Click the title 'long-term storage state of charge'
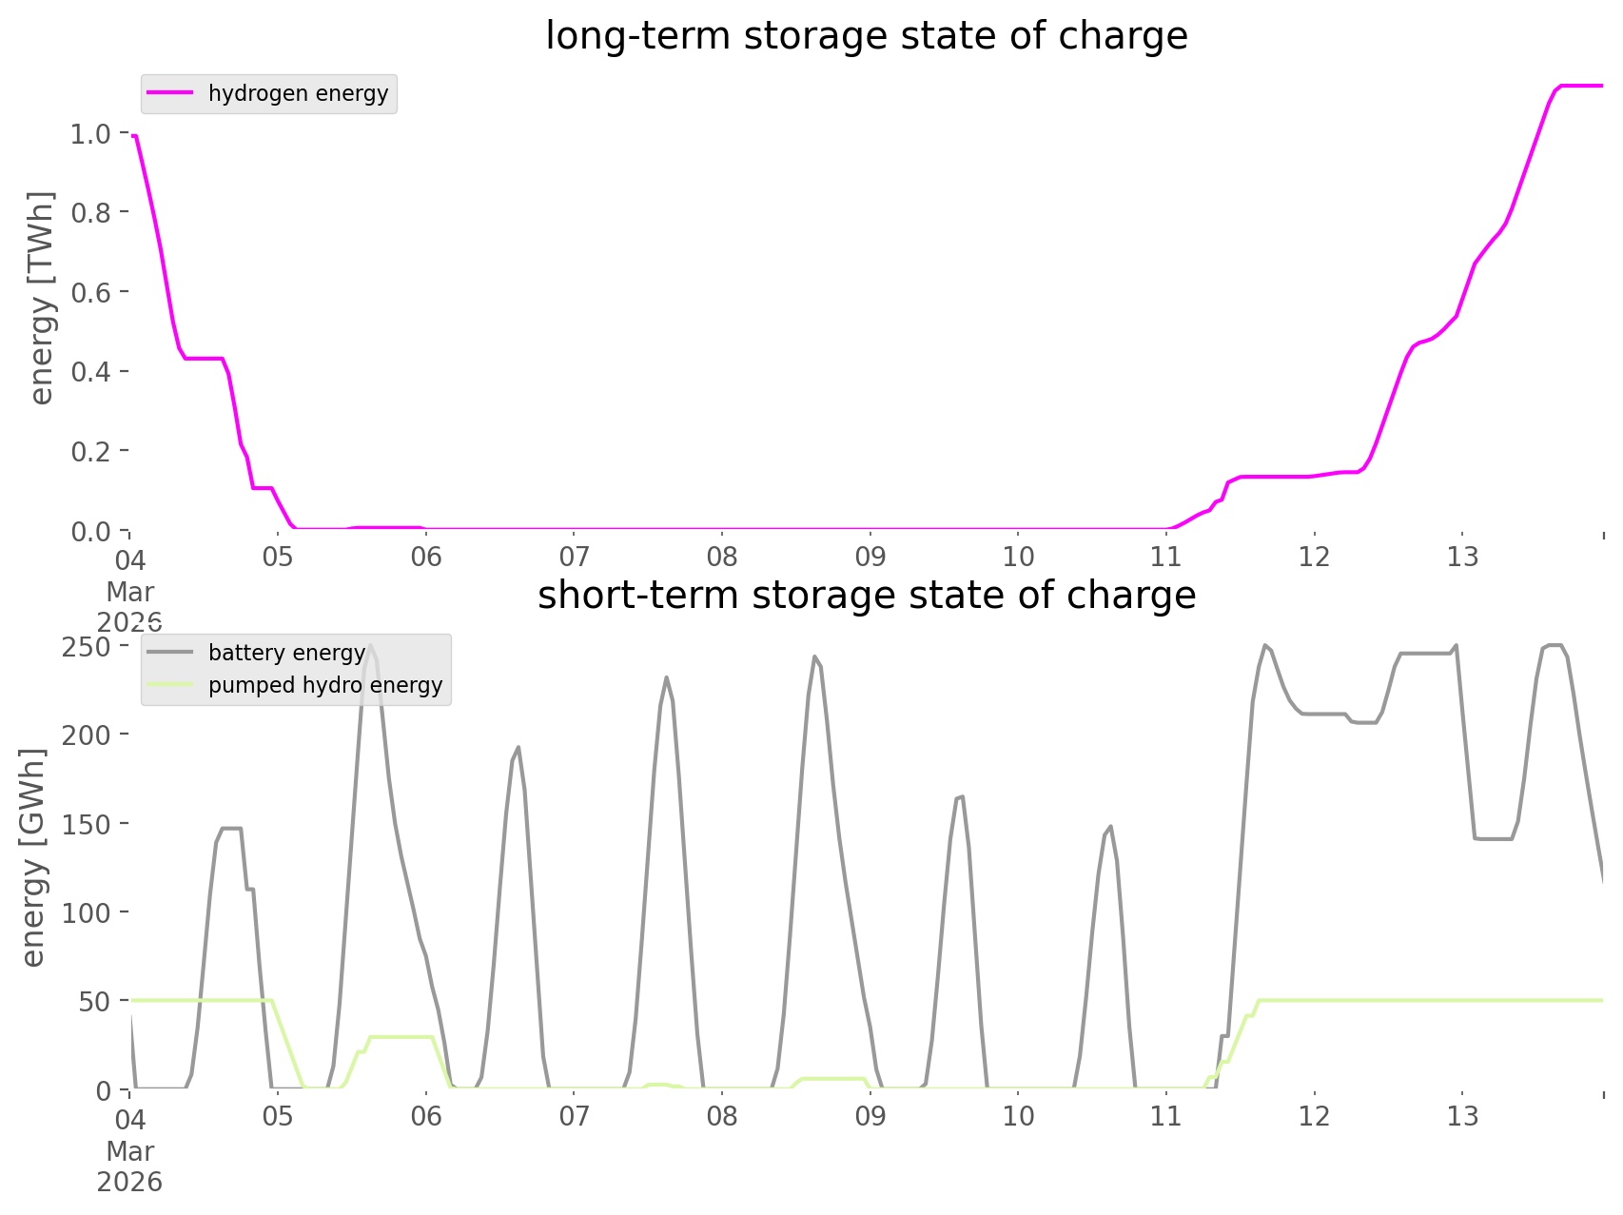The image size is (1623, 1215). (866, 36)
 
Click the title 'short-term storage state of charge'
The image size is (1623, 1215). (866, 596)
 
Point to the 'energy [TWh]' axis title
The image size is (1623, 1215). (42, 298)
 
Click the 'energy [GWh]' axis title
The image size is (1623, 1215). (33, 857)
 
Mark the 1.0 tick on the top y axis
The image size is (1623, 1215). (91, 134)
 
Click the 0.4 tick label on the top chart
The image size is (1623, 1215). (91, 371)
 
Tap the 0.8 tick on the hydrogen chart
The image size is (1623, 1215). (91, 213)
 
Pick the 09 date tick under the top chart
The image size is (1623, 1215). (870, 557)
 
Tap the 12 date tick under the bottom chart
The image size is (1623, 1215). (1314, 1116)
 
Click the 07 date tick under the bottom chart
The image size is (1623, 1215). (574, 1116)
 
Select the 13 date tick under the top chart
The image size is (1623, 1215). (1462, 557)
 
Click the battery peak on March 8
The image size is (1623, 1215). (815, 656)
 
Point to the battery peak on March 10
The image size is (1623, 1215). (1109, 827)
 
